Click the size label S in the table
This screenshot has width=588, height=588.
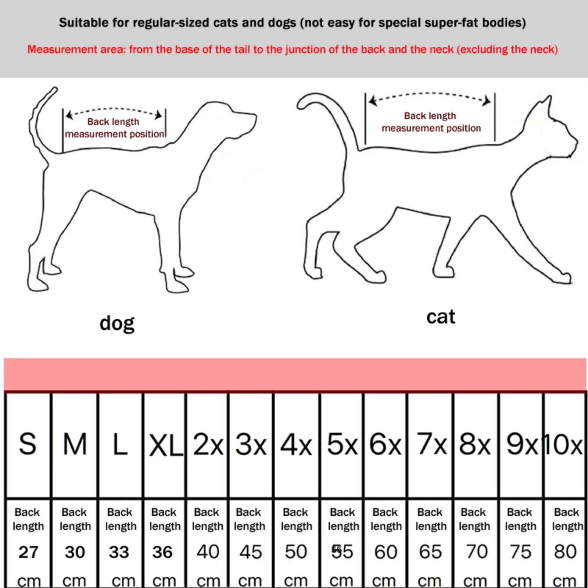(x=28, y=444)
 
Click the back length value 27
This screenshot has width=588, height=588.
(x=28, y=552)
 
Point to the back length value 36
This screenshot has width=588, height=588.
(x=162, y=552)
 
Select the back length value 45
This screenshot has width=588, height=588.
(x=251, y=552)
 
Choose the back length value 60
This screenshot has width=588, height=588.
(x=386, y=552)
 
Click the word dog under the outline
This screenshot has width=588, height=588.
(x=117, y=323)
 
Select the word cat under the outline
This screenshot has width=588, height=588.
(x=441, y=317)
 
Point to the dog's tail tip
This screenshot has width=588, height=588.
(x=54, y=90)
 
